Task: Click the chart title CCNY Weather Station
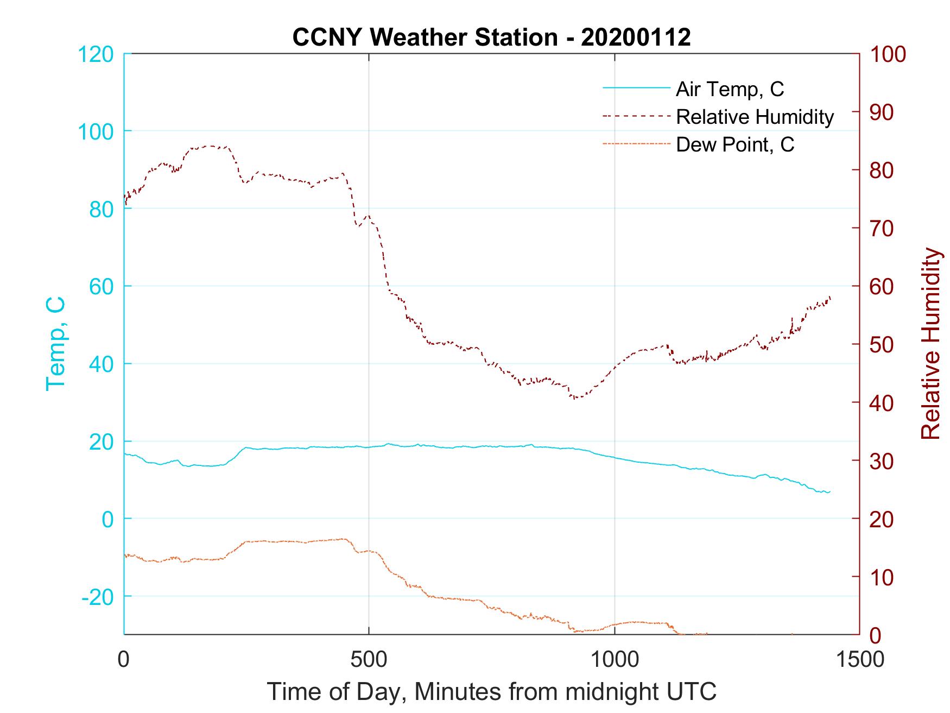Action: (491, 37)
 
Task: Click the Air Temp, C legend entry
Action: (729, 89)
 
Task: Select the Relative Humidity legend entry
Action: (755, 117)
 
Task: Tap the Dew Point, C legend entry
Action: (734, 145)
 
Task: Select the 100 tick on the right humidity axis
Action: (888, 54)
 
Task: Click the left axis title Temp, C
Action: (55, 344)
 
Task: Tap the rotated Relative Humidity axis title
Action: (930, 344)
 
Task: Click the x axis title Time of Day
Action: (491, 692)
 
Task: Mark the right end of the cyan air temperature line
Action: (829, 491)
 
